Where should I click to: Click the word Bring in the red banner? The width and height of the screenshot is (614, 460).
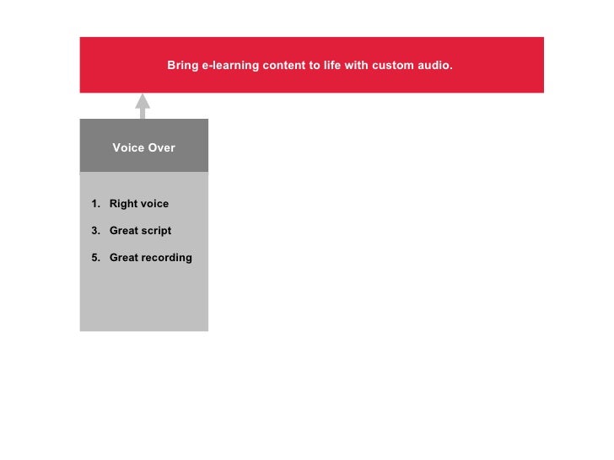coord(182,65)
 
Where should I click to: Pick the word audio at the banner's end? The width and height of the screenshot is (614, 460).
coord(435,65)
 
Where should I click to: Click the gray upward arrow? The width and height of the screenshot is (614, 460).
coord(143,104)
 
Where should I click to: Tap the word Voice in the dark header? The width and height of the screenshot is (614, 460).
coord(127,148)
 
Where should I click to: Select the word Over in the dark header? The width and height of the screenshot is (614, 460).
coord(161,148)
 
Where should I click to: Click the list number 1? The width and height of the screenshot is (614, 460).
coord(95,204)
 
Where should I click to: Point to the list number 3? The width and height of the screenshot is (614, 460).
coord(95,231)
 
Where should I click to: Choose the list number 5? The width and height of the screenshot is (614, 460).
coord(95,258)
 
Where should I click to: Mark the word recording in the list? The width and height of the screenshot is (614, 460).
coord(167,258)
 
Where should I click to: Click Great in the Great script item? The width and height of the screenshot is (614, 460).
coord(125,231)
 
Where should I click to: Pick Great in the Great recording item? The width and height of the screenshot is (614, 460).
coord(125,258)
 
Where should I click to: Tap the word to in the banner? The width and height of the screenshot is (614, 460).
coord(315,65)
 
